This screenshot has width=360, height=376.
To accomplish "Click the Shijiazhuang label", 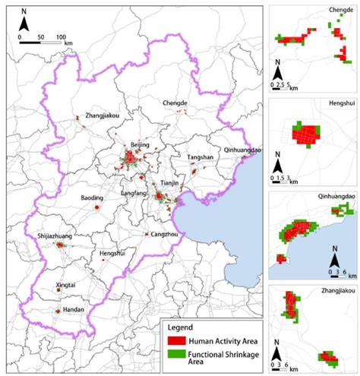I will click(x=56, y=237).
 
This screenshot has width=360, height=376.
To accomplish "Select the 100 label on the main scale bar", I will click(x=61, y=36).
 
